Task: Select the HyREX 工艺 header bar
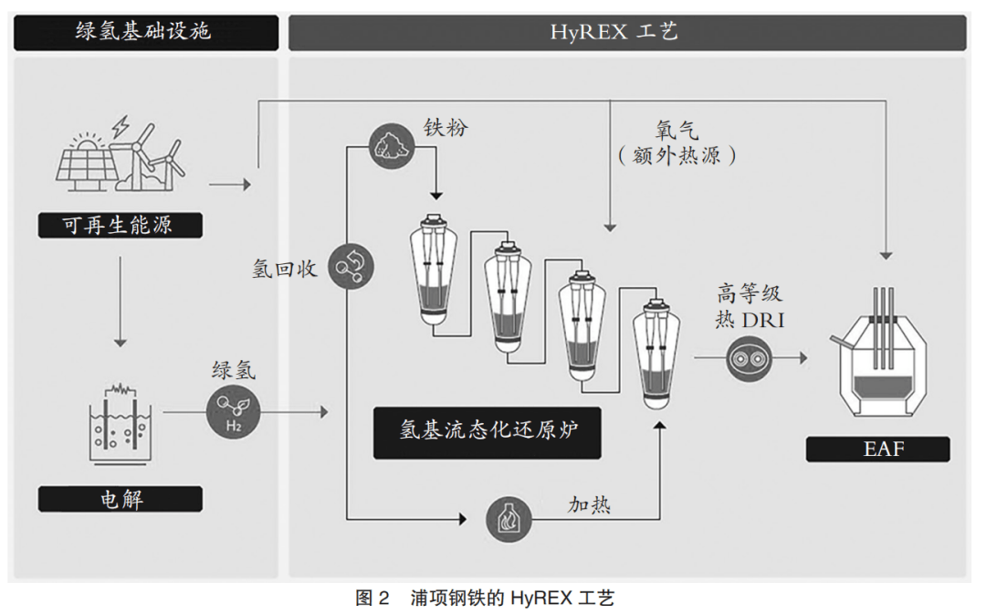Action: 627,33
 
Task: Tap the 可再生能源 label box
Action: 120,226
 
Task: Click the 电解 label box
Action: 120,499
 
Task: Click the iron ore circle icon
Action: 390,145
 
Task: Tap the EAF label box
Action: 877,449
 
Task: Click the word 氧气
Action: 677,131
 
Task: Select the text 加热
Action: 590,504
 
